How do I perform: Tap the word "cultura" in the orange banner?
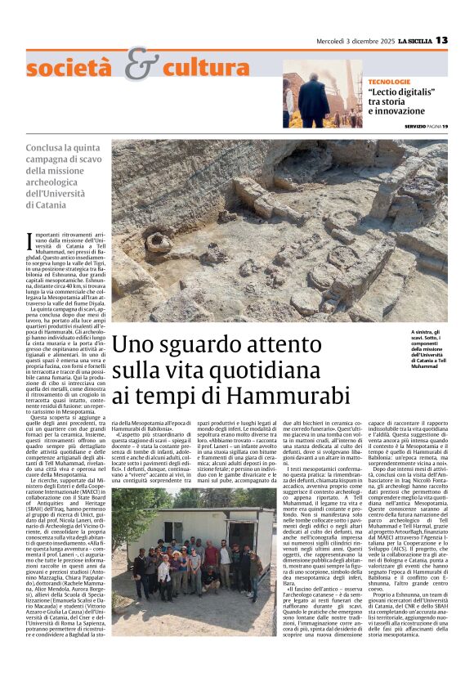click(x=203, y=66)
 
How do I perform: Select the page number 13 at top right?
click(x=464, y=40)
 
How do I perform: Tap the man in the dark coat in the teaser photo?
click(x=313, y=99)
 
